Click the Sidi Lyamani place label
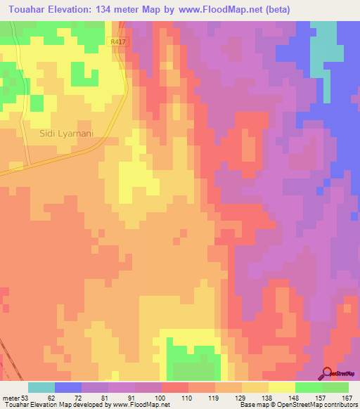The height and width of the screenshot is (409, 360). [x=67, y=133]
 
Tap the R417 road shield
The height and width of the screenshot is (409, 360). [x=119, y=43]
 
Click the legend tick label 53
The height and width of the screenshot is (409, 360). [x=25, y=397]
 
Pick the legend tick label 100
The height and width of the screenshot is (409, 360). [x=160, y=397]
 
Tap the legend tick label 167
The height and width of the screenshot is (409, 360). [x=347, y=397]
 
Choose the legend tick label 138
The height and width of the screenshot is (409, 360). [x=267, y=397]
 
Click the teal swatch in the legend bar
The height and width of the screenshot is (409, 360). [x=41, y=387]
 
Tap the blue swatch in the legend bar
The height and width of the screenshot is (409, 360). [x=68, y=387]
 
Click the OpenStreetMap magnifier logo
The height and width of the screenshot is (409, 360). [x=327, y=375]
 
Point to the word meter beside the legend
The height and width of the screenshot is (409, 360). [x=11, y=397]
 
